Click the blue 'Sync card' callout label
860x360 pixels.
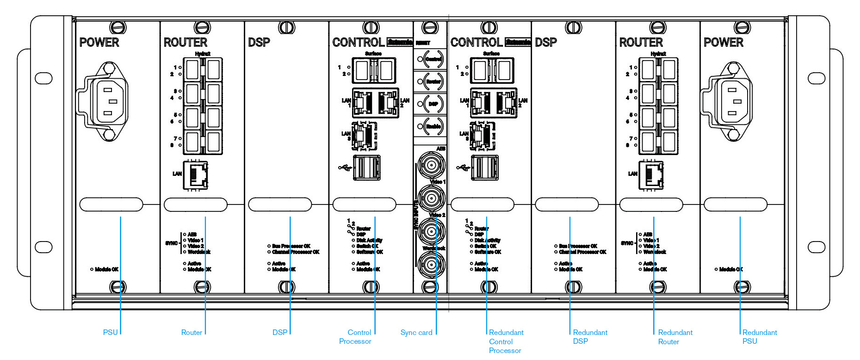click(x=416, y=332)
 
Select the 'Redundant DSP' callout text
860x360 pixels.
click(x=589, y=336)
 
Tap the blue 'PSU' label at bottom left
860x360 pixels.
click(x=110, y=332)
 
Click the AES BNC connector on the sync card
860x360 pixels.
click(x=431, y=165)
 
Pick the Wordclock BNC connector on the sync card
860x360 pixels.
click(x=431, y=265)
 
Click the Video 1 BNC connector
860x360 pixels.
click(x=431, y=198)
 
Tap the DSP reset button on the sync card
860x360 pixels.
click(x=433, y=104)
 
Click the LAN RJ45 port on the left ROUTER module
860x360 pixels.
click(x=196, y=175)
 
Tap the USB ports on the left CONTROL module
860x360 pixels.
click(x=367, y=167)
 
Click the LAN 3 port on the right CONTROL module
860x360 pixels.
click(x=483, y=136)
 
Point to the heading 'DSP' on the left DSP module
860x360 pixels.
click(x=259, y=43)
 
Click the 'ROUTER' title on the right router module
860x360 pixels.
click(x=641, y=43)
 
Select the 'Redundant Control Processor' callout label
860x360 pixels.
click(x=506, y=341)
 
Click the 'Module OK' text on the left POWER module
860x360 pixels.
click(x=106, y=269)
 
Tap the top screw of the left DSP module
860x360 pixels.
click(x=286, y=28)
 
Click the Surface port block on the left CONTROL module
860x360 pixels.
click(x=373, y=70)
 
